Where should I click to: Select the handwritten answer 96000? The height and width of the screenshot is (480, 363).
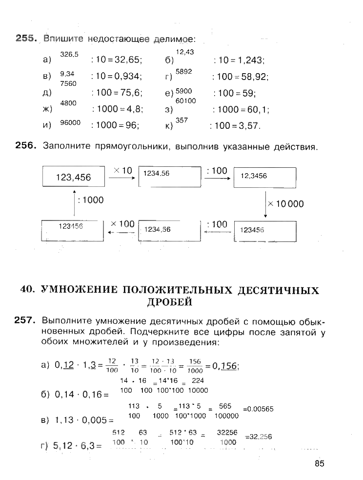click(x=70, y=123)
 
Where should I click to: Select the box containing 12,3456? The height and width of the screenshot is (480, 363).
click(x=265, y=176)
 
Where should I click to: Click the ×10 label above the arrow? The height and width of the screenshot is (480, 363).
click(x=122, y=171)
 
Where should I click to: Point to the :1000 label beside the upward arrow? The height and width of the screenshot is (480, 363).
click(x=91, y=200)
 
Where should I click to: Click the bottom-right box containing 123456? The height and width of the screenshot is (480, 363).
click(x=265, y=231)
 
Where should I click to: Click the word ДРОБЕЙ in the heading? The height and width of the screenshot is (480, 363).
click(x=169, y=302)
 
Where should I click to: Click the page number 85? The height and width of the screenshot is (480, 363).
click(x=319, y=463)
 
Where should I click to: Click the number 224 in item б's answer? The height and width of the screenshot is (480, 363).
click(x=198, y=380)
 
